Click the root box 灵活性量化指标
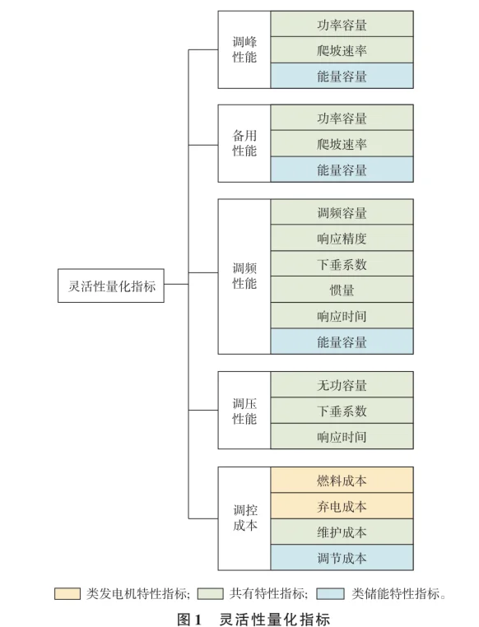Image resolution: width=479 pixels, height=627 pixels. tap(111, 286)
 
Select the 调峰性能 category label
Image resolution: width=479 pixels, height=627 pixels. tap(244, 49)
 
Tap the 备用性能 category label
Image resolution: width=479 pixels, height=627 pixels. tap(244, 143)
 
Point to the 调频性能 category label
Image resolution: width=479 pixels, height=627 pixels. tap(244, 276)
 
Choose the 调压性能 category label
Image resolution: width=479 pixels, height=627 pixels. tap(244, 411)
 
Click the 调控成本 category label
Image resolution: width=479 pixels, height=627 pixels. tap(244, 518)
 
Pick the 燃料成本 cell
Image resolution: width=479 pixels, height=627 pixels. tap(342, 480)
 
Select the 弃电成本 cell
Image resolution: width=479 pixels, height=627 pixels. tap(342, 506)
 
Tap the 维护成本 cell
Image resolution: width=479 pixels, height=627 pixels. tap(342, 532)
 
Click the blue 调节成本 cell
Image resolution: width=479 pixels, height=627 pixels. tap(342, 558)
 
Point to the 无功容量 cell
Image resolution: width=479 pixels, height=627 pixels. tap(342, 385)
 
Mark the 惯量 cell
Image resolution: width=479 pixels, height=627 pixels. tap(342, 290)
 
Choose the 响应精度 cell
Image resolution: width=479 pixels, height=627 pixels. tap(342, 239)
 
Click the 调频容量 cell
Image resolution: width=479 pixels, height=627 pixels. tap(342, 213)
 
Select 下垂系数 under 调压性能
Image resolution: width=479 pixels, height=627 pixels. tap(342, 411)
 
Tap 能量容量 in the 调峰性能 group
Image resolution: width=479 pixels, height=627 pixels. tap(342, 76)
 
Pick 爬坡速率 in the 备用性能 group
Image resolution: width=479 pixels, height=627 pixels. tap(342, 144)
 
